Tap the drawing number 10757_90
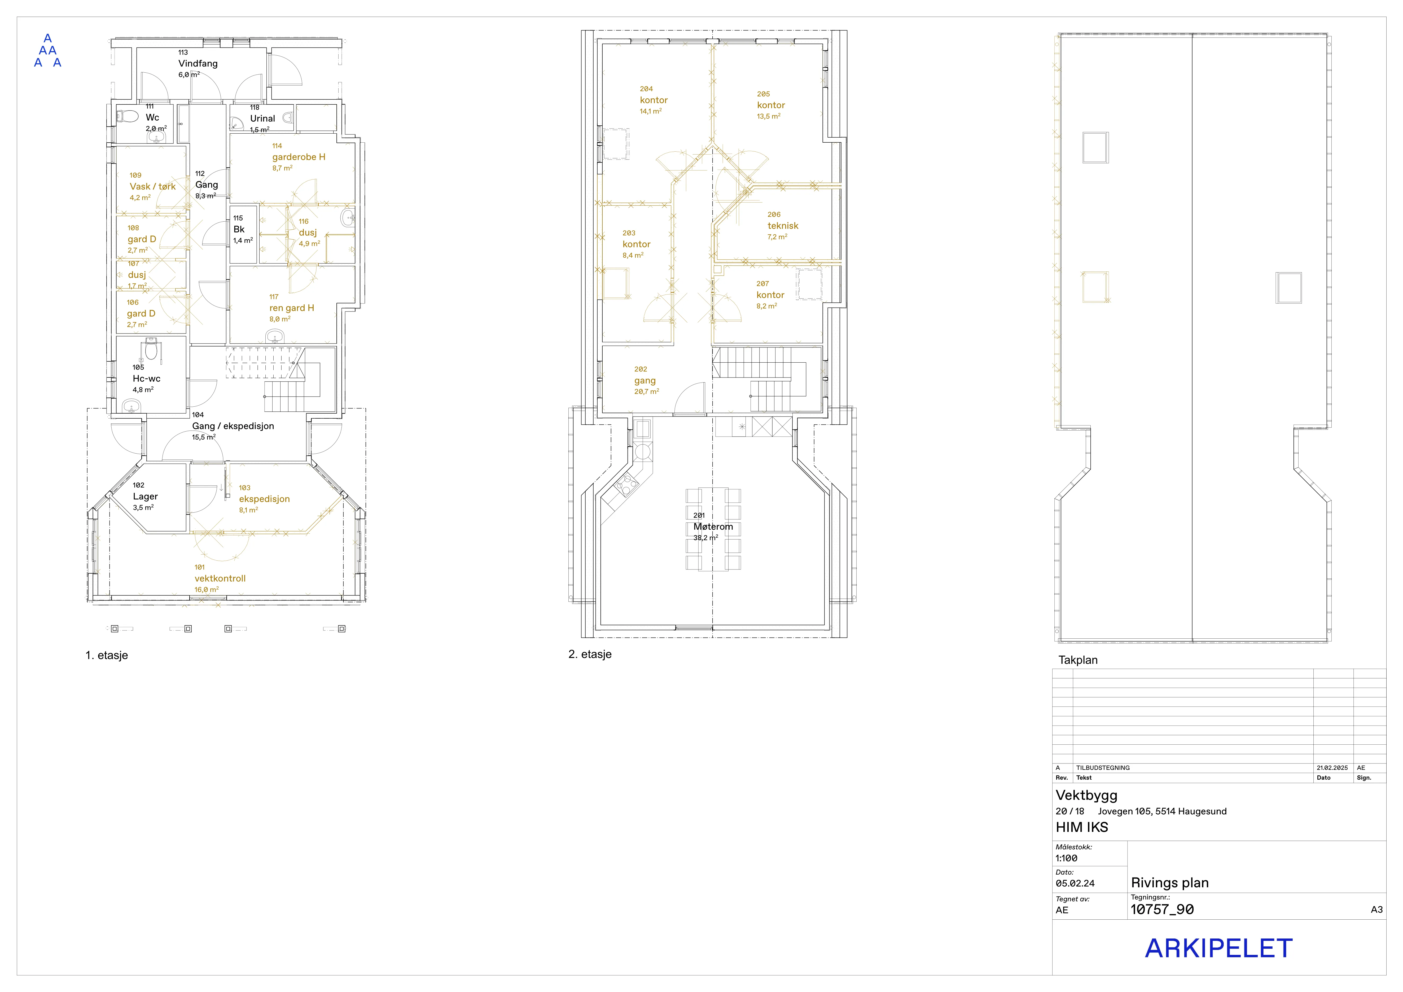(x=1162, y=910)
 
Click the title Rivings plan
(x=1170, y=883)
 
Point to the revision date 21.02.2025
(x=1332, y=768)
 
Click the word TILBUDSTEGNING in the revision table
(x=1103, y=768)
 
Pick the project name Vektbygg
(x=1086, y=795)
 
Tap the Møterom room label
(x=713, y=526)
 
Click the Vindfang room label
(x=198, y=64)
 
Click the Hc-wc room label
(x=147, y=379)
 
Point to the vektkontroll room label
(x=220, y=578)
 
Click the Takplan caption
(x=1078, y=660)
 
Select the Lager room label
(x=146, y=497)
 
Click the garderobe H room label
(x=299, y=157)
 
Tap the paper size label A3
(x=1377, y=910)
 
